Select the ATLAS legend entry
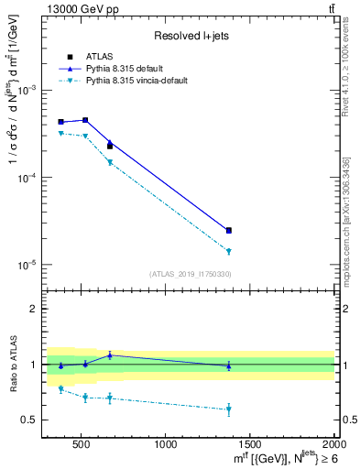tap(98, 56)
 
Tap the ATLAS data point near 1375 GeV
tap(228, 230)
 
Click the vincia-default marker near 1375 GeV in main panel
tap(228, 251)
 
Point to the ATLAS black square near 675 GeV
tap(110, 146)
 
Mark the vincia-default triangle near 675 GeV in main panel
tap(110, 162)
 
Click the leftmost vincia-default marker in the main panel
tap(61, 134)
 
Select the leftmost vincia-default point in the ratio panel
tap(61, 389)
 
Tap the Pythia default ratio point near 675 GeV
tap(110, 354)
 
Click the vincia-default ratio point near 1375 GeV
tap(228, 409)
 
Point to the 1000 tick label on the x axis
tap(166, 444)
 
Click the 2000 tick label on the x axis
tap(333, 444)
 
